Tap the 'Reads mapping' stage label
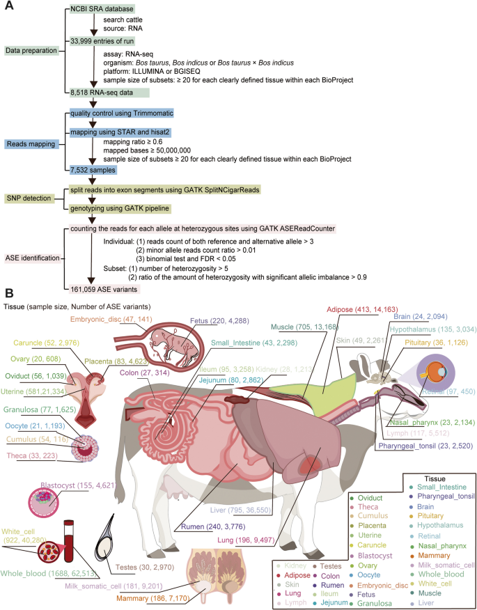(31, 143)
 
